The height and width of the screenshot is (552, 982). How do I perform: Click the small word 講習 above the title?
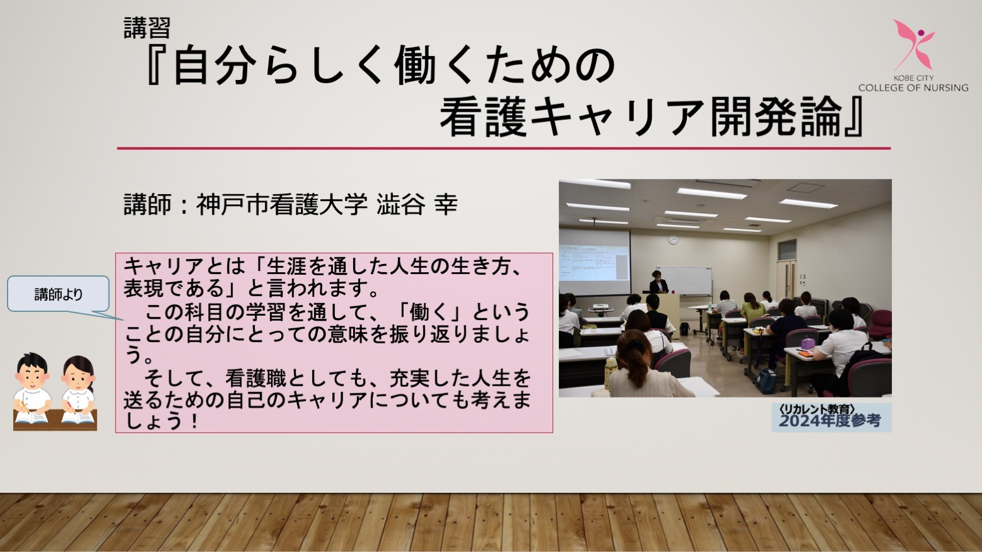(x=147, y=28)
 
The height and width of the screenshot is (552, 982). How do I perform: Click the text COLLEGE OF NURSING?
(x=913, y=88)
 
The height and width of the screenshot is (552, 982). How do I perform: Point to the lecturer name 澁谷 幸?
(x=417, y=204)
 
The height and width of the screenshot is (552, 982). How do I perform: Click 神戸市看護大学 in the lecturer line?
(x=281, y=204)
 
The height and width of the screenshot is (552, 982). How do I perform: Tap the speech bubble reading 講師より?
(x=58, y=294)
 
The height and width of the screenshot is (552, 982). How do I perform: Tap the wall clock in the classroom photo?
(x=673, y=239)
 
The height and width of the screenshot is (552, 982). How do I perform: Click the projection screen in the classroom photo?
(x=595, y=262)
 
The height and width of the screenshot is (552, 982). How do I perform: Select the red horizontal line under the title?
(x=504, y=149)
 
